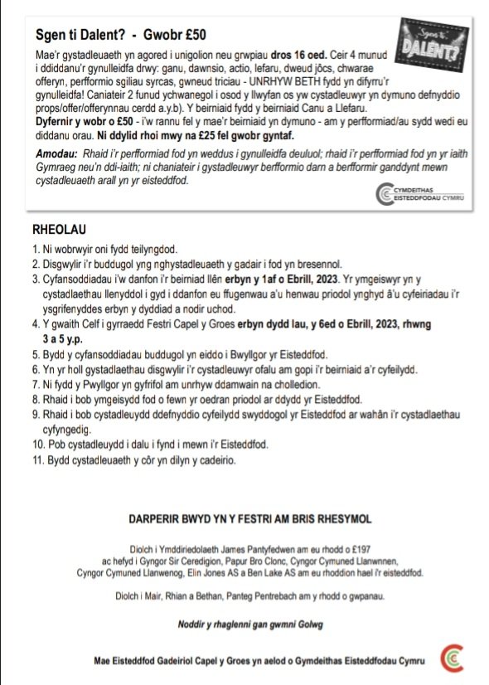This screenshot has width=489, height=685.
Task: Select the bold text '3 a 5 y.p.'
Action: [71, 339]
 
